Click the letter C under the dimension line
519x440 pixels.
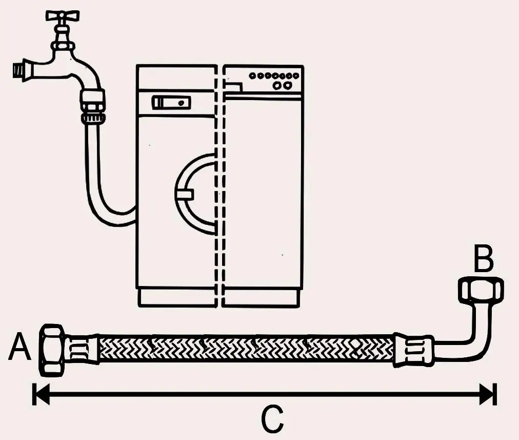pos(272,419)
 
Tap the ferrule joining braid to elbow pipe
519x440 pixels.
pos(413,350)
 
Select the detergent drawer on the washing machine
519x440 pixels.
pos(171,103)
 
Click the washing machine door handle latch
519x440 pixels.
pos(184,194)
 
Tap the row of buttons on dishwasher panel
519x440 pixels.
pos(274,75)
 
